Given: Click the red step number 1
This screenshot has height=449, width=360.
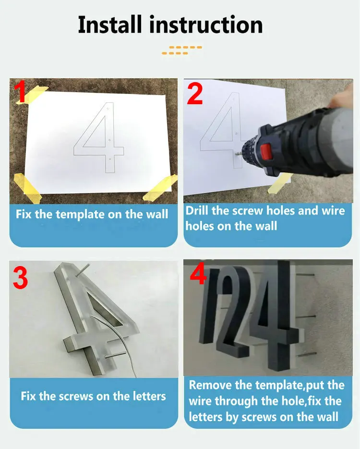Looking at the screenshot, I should pos(20,93).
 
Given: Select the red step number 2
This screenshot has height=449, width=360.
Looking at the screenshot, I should pos(195,94).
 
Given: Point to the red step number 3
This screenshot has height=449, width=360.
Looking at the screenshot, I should pos(20,279).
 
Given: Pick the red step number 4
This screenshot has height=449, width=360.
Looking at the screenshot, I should pos(198,274).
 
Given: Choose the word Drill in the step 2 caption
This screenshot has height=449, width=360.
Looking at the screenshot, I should pos(197,210).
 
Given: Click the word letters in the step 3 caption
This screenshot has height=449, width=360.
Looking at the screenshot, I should pos(144,397).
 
